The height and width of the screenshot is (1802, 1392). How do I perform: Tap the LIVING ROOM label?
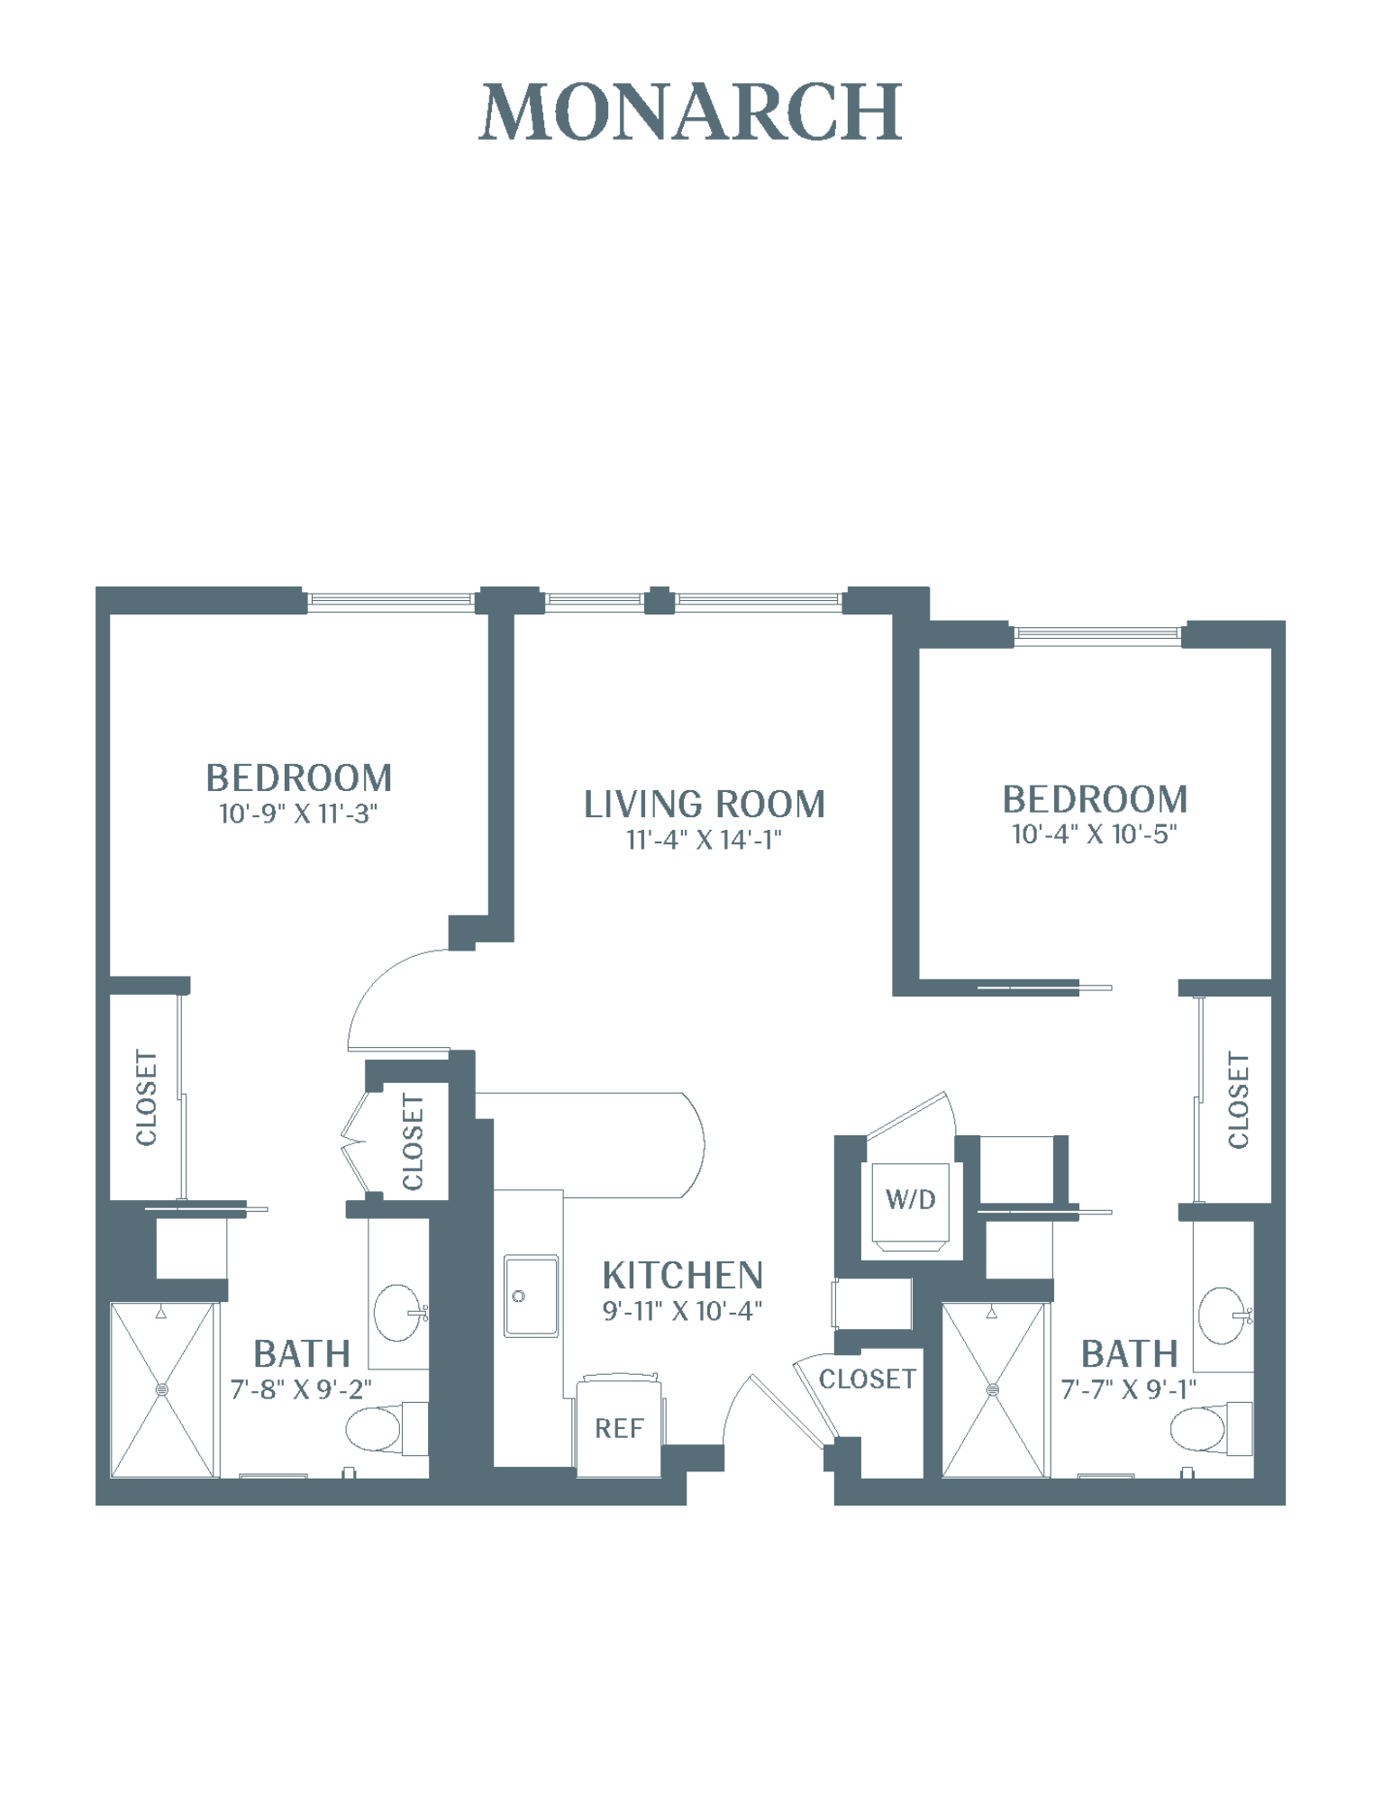(705, 805)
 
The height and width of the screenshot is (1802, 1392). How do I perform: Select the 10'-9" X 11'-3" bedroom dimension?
(298, 814)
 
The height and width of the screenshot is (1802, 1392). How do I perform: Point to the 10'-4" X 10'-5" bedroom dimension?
(1095, 834)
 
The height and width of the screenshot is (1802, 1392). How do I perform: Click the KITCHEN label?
(683, 1276)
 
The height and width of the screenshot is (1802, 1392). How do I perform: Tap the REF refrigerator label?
(619, 1428)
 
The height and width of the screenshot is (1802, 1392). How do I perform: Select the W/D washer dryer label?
(911, 1199)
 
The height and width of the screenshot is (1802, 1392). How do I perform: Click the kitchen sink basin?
(531, 1296)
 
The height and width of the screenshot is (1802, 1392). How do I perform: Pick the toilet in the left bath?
(387, 1428)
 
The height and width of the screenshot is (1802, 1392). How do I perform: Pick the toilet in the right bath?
(1212, 1428)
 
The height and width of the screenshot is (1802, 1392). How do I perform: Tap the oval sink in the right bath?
(1224, 1315)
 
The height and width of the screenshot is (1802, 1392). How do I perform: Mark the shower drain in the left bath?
(162, 1389)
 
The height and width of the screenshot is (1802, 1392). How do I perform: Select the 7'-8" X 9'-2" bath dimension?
(301, 1389)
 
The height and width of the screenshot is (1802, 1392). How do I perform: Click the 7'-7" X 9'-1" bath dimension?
(1129, 1389)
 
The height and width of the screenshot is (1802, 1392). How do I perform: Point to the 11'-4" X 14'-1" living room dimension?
(704, 840)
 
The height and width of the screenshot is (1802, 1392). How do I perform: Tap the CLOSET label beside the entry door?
(867, 1379)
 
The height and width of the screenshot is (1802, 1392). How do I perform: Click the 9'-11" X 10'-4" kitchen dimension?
(683, 1311)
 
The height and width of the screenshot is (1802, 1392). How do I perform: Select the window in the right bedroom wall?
(1096, 633)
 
